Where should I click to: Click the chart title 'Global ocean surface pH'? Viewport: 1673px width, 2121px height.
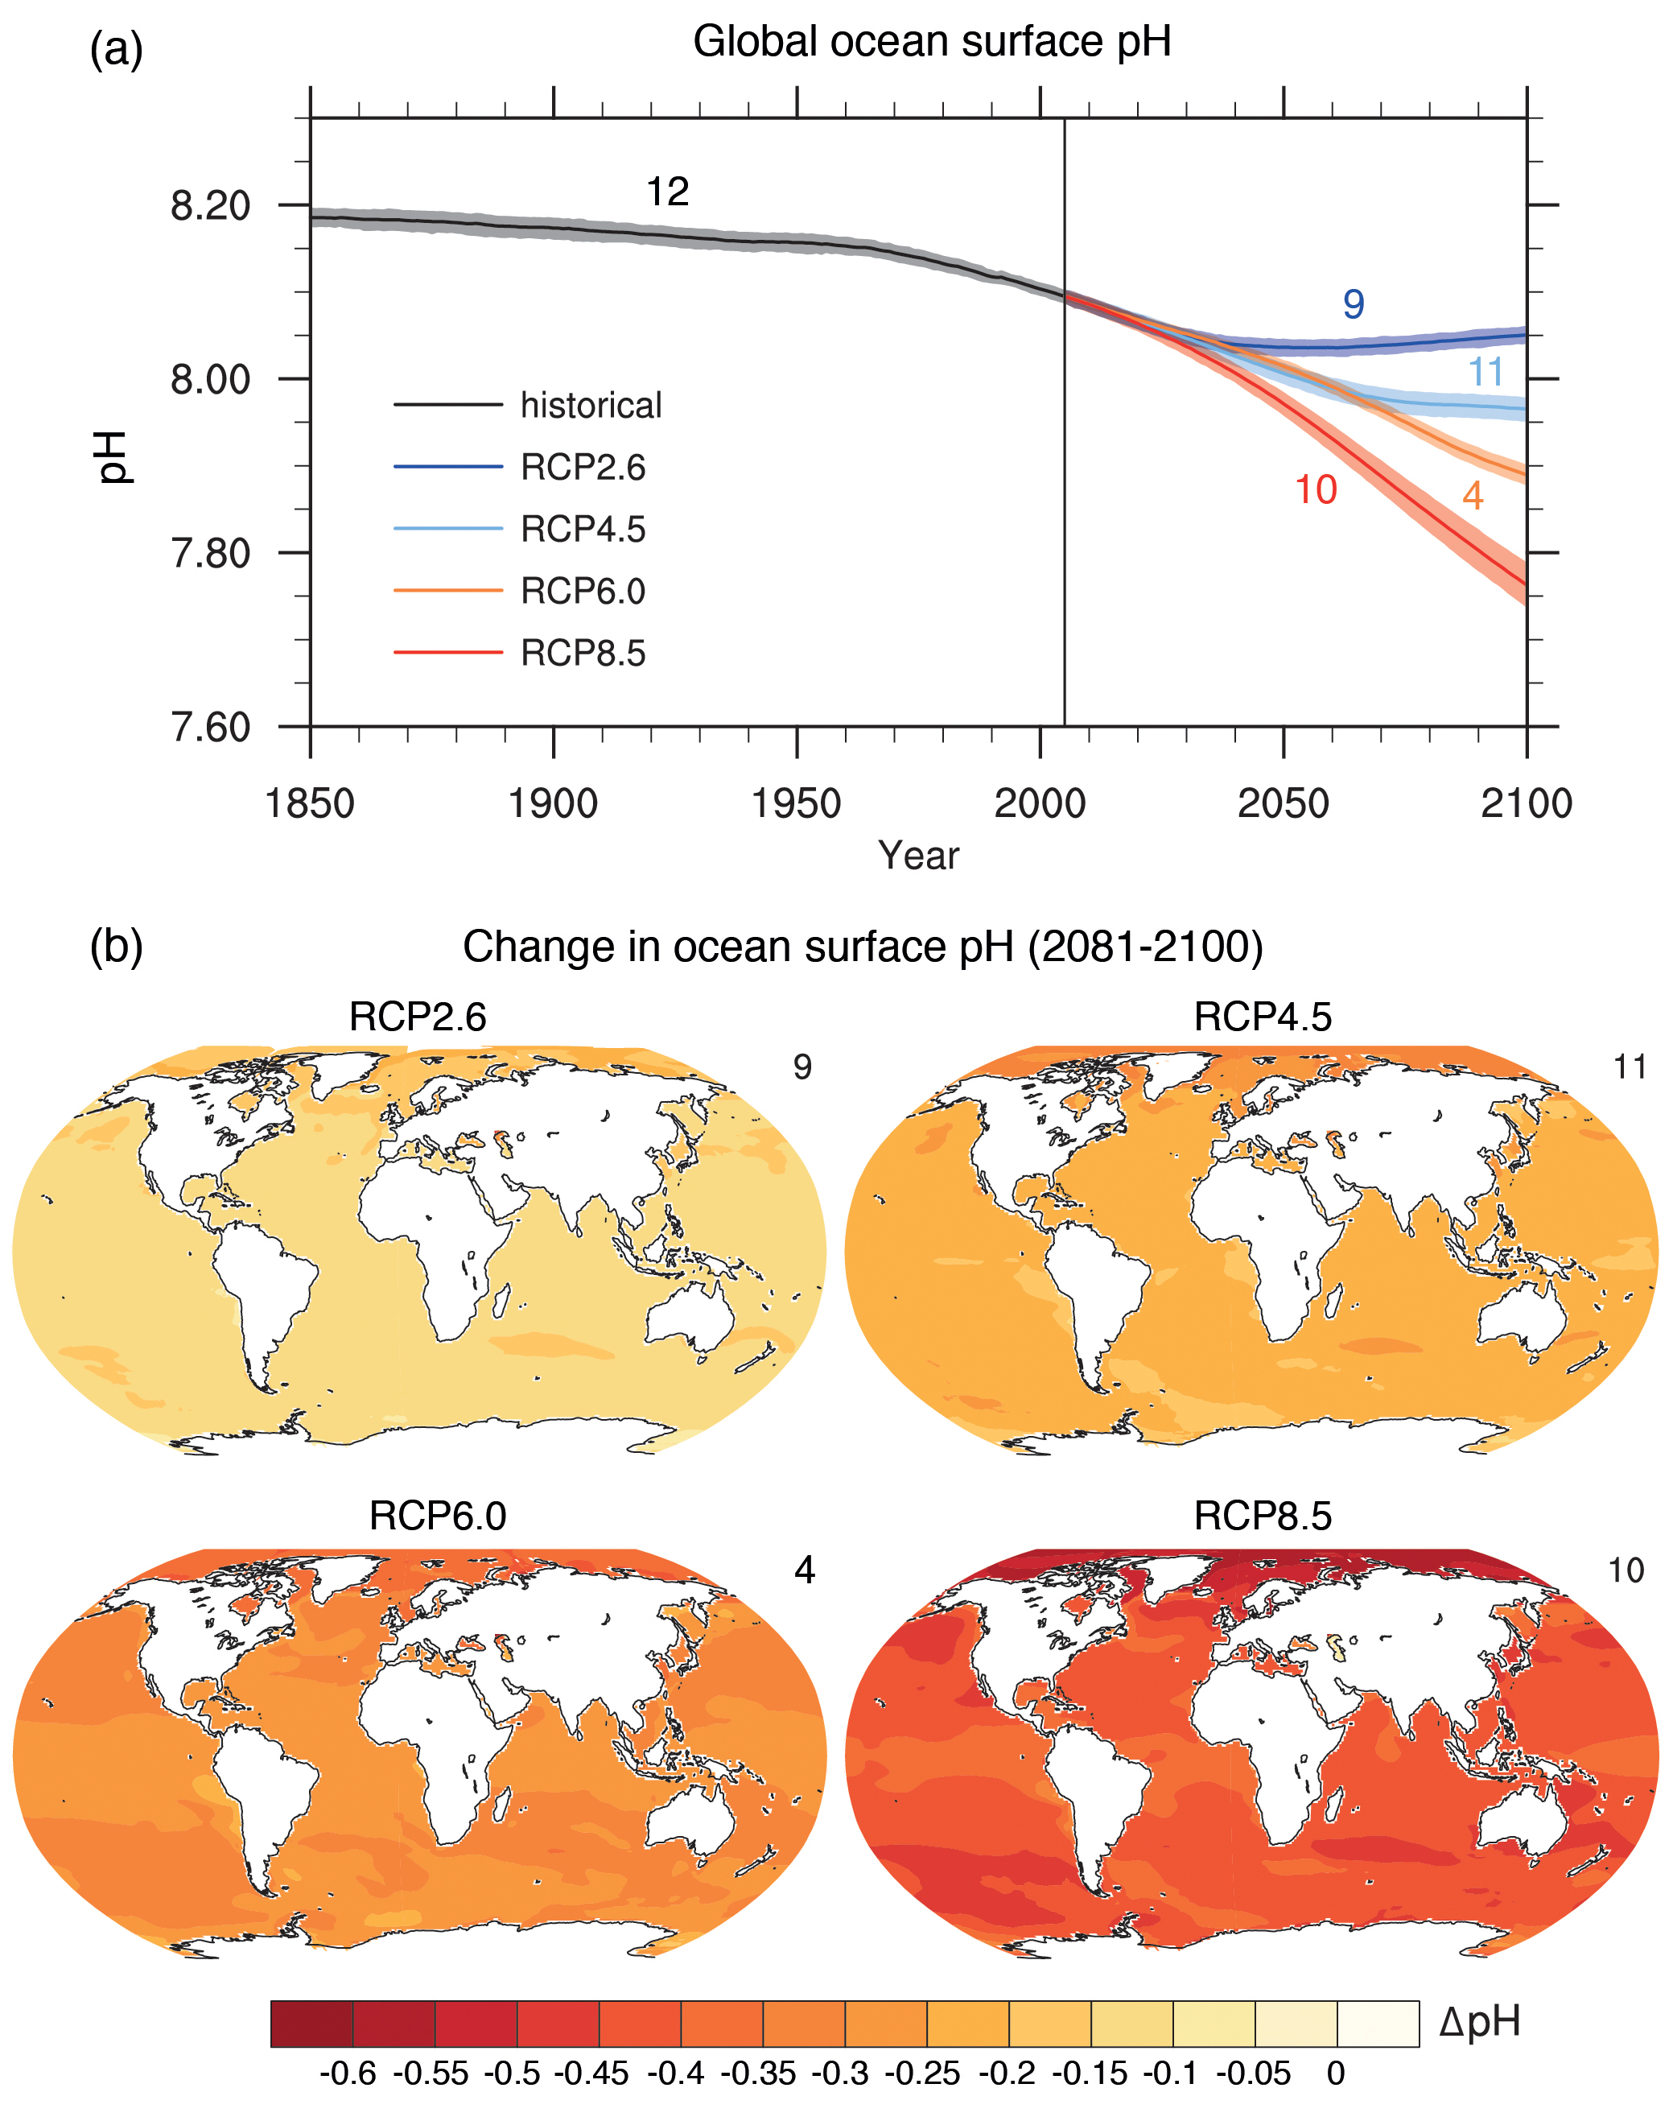(x=932, y=42)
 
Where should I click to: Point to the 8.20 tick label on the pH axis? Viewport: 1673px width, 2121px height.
(x=209, y=207)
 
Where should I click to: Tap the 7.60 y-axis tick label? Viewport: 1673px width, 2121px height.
(x=209, y=728)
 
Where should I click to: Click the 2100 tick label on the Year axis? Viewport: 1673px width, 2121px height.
(x=1525, y=804)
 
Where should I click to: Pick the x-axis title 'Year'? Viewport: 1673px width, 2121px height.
(x=918, y=856)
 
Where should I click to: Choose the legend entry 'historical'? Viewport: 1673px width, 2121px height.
(x=591, y=406)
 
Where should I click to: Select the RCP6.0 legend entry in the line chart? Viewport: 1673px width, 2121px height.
(x=583, y=592)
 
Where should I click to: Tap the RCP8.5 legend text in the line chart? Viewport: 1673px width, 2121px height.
(x=583, y=654)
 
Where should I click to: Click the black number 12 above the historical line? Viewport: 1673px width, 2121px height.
(x=667, y=192)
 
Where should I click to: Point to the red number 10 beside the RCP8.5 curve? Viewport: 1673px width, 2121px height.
(x=1316, y=490)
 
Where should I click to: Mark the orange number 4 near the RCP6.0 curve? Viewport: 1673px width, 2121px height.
(x=1472, y=497)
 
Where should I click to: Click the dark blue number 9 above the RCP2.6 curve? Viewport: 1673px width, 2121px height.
(x=1353, y=305)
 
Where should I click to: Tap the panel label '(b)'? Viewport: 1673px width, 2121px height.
(x=116, y=947)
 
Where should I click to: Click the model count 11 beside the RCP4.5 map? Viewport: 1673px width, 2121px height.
(x=1630, y=1067)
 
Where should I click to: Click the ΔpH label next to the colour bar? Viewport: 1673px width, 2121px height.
(x=1479, y=2022)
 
